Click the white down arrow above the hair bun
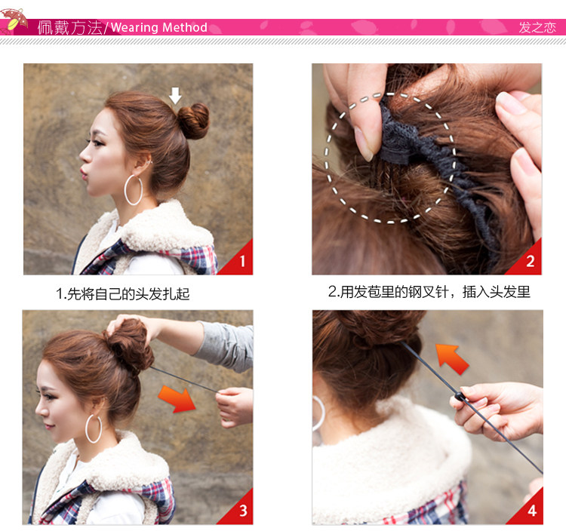(175, 95)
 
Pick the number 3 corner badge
(242, 511)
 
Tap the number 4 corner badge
(531, 511)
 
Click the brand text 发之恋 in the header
(537, 28)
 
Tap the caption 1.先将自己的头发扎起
(123, 294)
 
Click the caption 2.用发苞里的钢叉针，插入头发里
(429, 292)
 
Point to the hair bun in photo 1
(194, 120)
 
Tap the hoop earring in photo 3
(94, 428)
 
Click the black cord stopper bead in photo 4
(459, 397)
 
